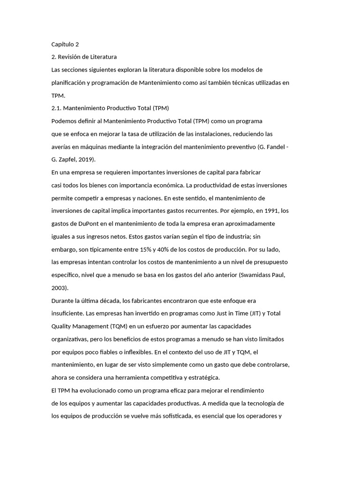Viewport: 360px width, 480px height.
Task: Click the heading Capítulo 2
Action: click(65, 45)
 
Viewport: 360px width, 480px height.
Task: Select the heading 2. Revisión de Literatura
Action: click(84, 57)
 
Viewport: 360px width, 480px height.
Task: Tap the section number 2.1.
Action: click(56, 108)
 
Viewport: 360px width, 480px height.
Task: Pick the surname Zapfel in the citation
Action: click(68, 159)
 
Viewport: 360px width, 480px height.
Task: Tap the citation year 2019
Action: click(87, 159)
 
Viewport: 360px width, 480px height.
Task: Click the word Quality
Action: click(62, 326)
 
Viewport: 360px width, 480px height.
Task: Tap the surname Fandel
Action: click(275, 147)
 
